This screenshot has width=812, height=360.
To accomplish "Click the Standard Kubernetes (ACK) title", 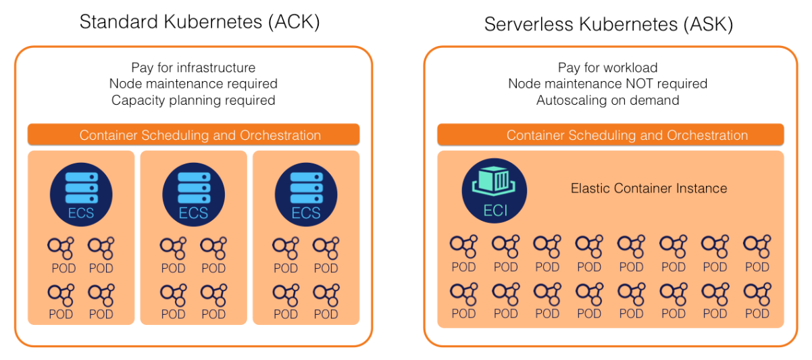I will click(x=199, y=22).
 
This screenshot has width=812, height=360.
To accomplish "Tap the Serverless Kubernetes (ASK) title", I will click(x=609, y=24).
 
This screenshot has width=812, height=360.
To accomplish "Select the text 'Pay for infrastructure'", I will click(x=193, y=68).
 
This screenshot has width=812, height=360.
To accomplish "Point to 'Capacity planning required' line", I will click(x=193, y=100).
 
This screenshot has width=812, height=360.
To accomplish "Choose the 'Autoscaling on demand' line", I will click(x=607, y=100).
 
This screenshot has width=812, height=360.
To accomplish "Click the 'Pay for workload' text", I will click(x=607, y=68).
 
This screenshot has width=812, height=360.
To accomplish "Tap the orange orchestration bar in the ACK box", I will click(x=193, y=135).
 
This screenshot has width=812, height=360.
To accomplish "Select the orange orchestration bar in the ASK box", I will click(x=611, y=135).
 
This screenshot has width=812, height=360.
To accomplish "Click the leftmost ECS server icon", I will click(x=81, y=190).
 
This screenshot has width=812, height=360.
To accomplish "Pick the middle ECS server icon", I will click(x=193, y=190).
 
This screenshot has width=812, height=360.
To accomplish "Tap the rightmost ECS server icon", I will click(x=305, y=190).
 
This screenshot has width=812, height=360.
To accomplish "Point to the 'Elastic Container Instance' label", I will click(x=649, y=188).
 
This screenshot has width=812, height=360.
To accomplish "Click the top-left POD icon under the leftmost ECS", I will click(x=61, y=248).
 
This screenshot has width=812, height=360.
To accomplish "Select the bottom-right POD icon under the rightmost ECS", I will click(x=326, y=294).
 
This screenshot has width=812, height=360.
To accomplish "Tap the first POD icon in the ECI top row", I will click(x=464, y=247).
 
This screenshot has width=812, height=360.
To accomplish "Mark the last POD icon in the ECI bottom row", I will click(x=757, y=293).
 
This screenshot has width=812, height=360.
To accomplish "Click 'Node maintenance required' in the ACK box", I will click(x=193, y=84).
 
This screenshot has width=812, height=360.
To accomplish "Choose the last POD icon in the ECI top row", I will click(x=757, y=247).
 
